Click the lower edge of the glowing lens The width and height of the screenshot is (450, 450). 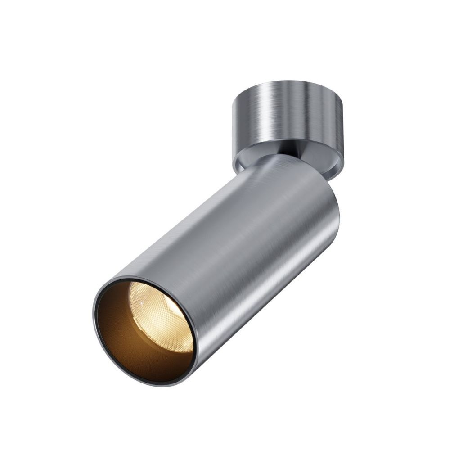tap(175, 349)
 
